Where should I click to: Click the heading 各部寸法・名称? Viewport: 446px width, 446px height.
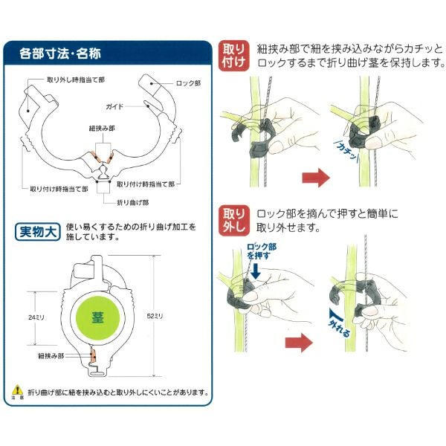[60, 54]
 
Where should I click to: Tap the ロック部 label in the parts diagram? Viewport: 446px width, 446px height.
[188, 83]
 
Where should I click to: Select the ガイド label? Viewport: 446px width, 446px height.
[114, 106]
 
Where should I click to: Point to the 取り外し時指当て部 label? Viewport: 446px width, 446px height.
[76, 80]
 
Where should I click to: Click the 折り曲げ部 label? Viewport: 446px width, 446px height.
[133, 202]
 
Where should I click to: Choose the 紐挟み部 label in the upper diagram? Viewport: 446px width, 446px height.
[102, 129]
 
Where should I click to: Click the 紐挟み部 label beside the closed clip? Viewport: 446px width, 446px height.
[51, 356]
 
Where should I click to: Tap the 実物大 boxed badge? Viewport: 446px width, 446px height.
[38, 232]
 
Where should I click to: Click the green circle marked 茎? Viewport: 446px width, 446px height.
[97, 317]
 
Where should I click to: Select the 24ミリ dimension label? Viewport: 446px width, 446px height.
[36, 317]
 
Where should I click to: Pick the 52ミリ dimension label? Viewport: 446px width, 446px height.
[155, 316]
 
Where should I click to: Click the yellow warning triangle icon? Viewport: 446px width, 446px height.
[17, 390]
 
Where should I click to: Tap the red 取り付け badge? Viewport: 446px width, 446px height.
[234, 56]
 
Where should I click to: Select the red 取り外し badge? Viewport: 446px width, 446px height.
[234, 220]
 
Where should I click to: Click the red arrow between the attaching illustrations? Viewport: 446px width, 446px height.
[316, 178]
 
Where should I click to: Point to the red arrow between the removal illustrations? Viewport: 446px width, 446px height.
[299, 343]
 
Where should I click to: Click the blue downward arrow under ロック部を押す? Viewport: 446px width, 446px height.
[256, 271]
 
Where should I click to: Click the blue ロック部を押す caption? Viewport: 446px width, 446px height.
[261, 251]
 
